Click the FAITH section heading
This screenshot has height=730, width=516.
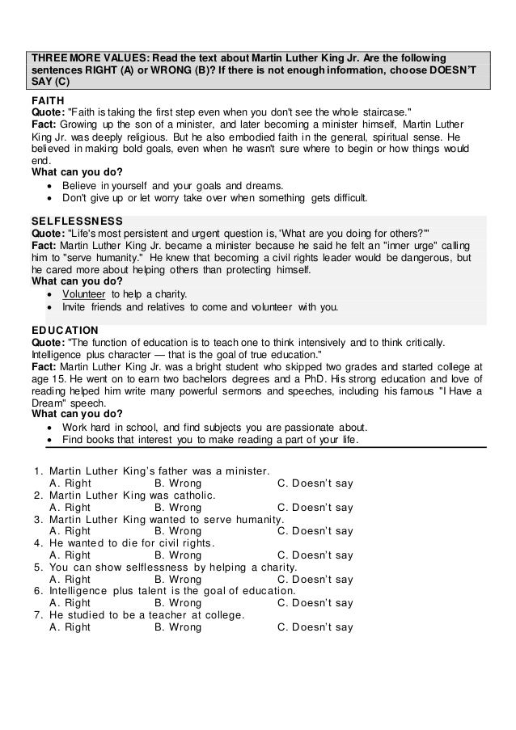[46, 99]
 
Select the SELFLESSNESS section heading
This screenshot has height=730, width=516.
[76, 221]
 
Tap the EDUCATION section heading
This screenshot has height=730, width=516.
[65, 330]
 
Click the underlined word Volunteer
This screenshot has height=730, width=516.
[86, 293]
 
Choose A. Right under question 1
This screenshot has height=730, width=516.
[70, 484]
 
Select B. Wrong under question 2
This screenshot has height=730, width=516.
[178, 508]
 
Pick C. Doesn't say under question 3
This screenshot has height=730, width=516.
[315, 531]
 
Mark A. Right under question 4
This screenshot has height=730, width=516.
[70, 555]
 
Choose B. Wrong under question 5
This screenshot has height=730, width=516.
[178, 579]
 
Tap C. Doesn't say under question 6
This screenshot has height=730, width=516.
[315, 603]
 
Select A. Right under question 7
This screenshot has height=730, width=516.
[70, 627]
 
